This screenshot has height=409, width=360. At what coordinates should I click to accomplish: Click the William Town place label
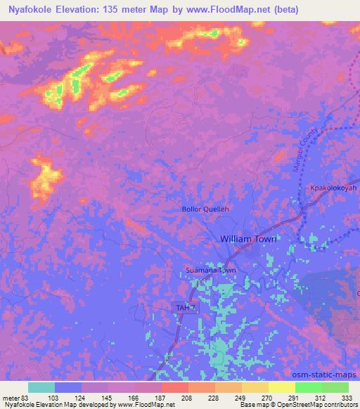point(248,239)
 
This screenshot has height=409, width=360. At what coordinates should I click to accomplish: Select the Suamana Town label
point(210,270)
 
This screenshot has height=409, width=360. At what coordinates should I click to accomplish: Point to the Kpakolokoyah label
point(333,189)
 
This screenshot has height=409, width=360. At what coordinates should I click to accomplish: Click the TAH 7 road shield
point(183,308)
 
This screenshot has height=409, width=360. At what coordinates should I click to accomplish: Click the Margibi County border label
point(304,151)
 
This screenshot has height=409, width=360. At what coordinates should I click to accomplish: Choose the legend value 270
point(266,398)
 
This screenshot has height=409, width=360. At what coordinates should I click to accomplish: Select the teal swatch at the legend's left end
point(41,387)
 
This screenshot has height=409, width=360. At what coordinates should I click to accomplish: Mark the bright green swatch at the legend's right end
point(335,387)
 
